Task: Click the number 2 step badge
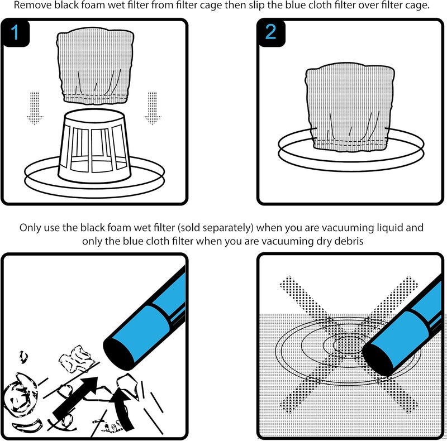point(271,33)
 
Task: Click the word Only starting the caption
point(30,228)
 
